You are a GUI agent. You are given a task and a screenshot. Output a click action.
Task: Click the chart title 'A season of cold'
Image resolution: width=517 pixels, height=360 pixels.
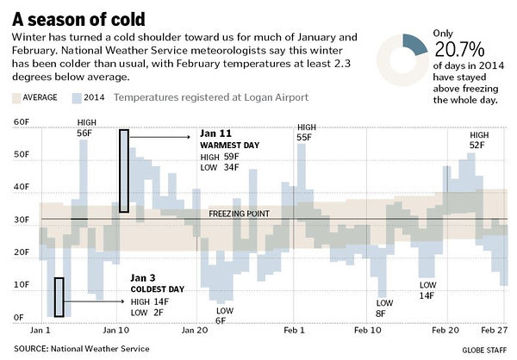pos(78,18)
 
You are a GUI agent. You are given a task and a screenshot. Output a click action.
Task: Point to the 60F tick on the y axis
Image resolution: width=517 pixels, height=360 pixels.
pos(20,123)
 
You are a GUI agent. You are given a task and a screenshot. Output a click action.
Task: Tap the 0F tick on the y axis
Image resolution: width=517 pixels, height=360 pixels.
pos(17,318)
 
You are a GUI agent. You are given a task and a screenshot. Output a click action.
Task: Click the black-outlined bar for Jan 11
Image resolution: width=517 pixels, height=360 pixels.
pos(124,171)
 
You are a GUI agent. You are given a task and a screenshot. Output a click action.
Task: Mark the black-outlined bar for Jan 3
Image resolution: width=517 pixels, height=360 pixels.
pos(59,297)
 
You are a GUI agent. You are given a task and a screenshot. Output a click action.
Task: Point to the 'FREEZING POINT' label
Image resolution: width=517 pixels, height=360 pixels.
pos(240,214)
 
